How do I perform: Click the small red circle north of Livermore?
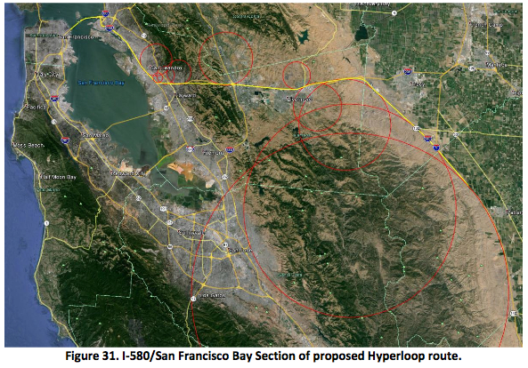pos(296,75)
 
